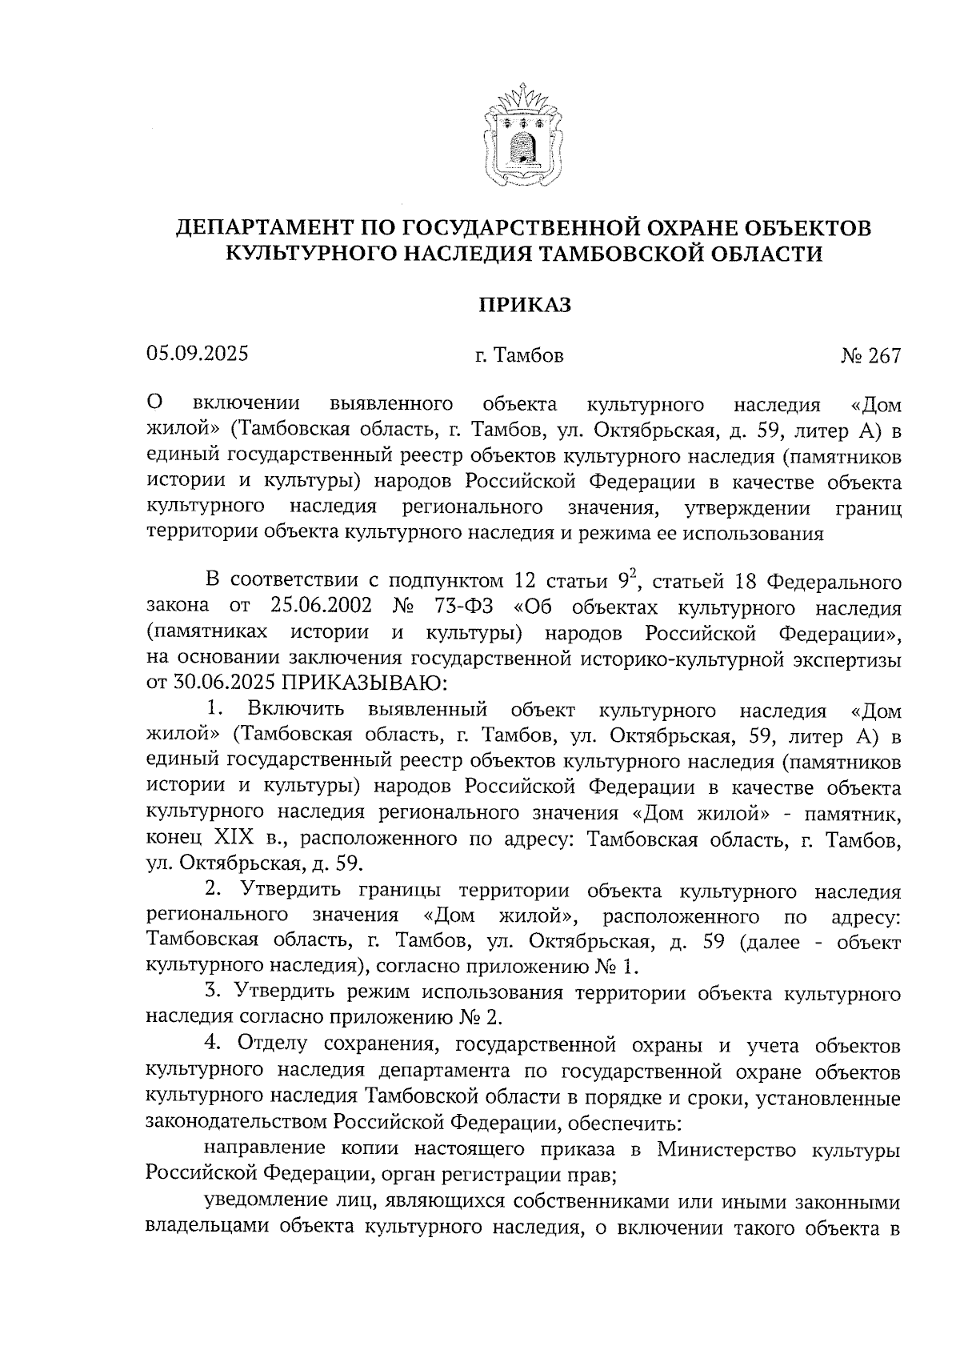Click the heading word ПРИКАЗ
coord(525,305)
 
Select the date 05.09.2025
coord(198,354)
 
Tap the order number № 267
coord(870,355)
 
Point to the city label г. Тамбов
coord(519,355)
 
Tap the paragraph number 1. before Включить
coord(213,709)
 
